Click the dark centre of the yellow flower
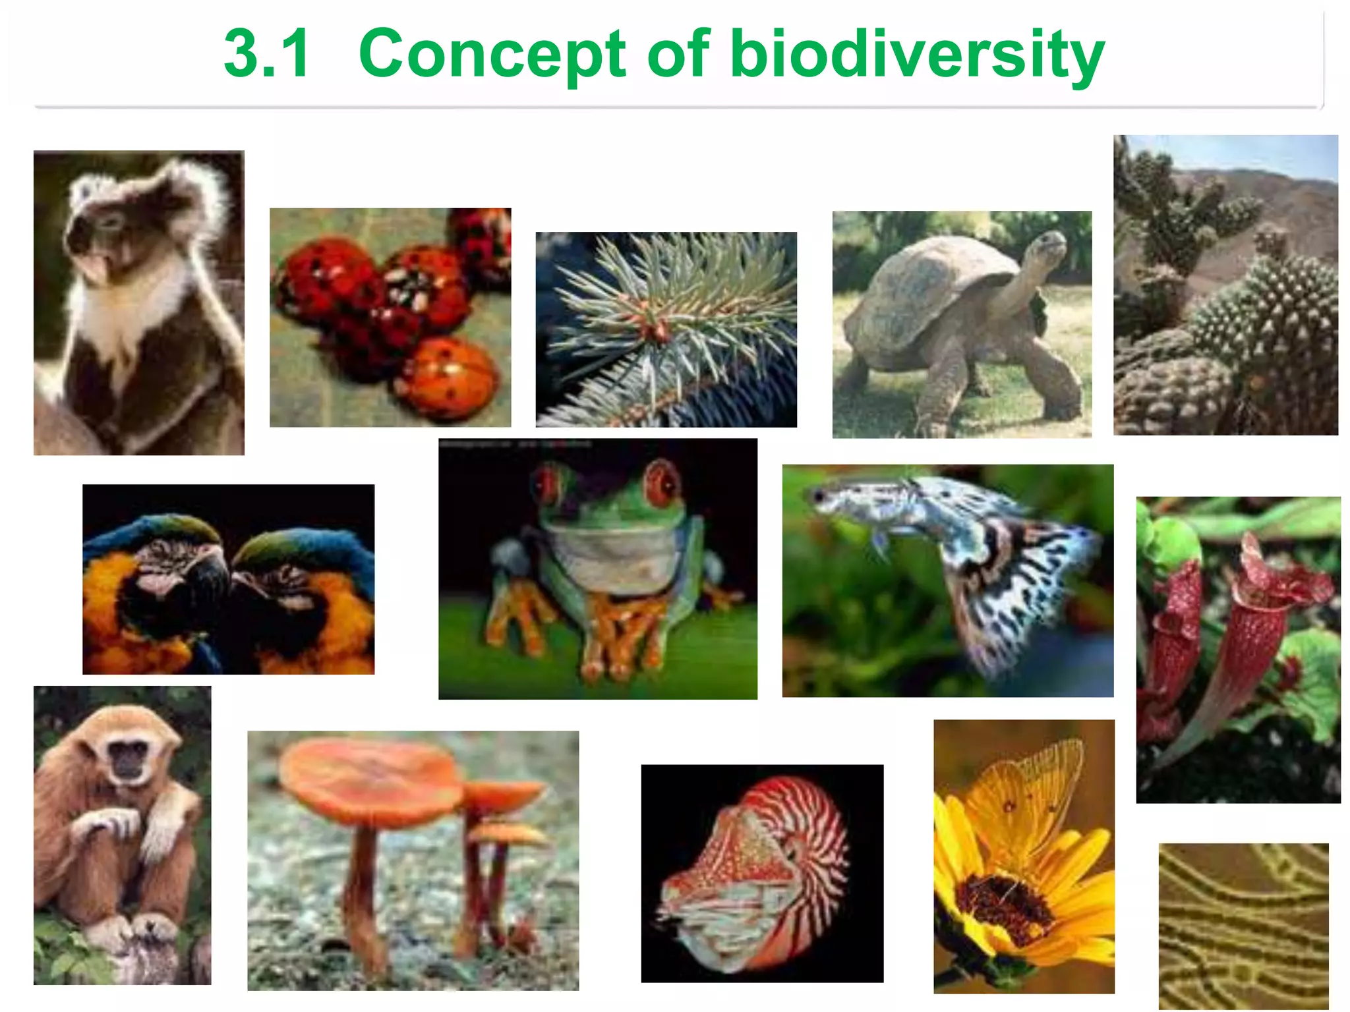(x=1002, y=903)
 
